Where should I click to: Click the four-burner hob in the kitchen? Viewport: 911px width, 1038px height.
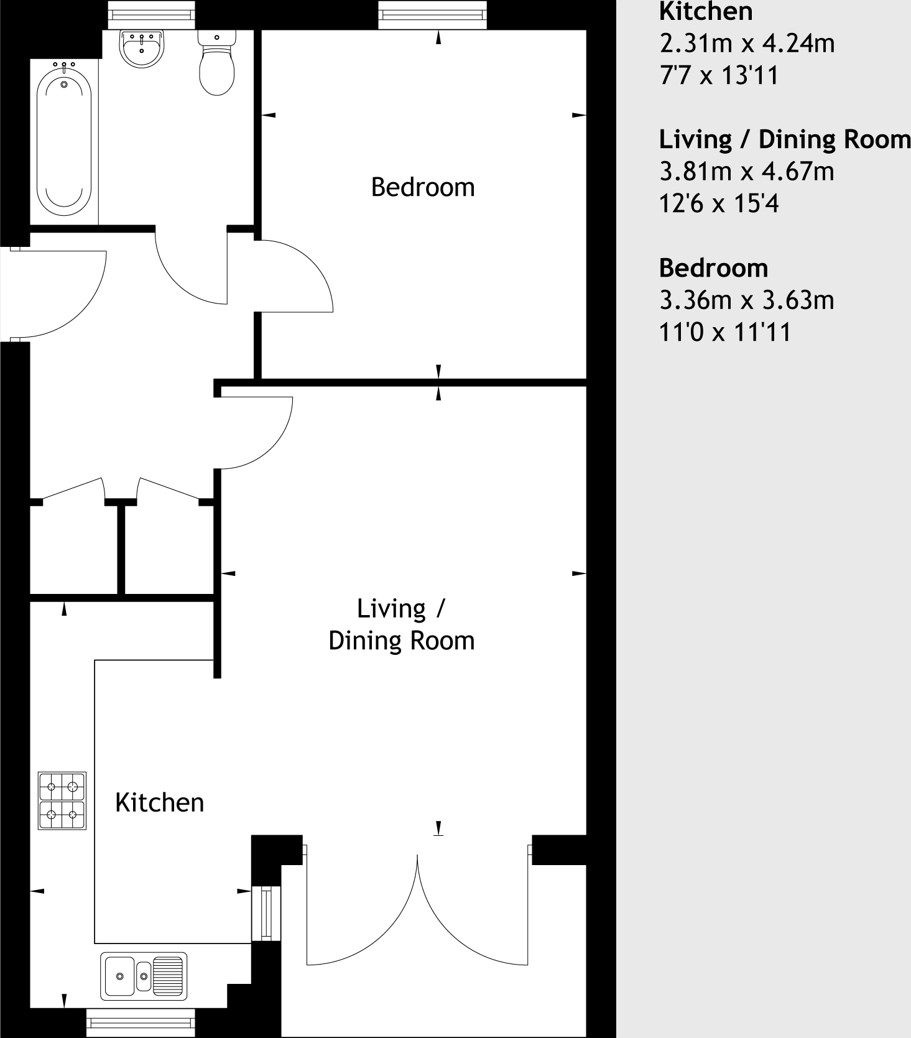point(62,800)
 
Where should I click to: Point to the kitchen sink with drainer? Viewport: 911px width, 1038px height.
point(144,976)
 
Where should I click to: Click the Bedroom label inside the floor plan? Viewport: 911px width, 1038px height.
point(423,187)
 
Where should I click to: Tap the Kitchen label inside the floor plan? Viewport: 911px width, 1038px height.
point(160,803)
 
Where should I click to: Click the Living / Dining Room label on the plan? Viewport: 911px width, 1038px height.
point(402,624)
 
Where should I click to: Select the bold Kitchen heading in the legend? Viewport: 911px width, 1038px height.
point(706,11)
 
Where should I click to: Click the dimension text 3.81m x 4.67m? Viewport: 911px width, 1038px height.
point(746,171)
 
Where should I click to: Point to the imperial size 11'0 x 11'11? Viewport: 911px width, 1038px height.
point(725,332)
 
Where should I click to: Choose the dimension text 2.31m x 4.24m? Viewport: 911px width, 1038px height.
point(746,44)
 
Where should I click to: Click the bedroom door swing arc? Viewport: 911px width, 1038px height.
point(305,274)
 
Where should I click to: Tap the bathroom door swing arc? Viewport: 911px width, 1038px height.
point(187,274)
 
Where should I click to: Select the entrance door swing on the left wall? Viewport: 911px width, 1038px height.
point(68,299)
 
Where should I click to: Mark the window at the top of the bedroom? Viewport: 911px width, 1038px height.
point(433,14)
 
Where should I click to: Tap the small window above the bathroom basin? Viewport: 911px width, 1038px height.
point(151,14)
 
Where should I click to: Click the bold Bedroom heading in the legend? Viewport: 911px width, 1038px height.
point(713,268)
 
